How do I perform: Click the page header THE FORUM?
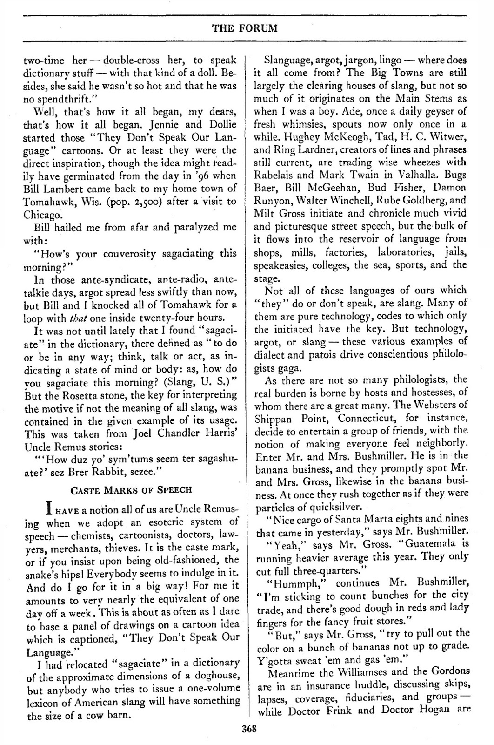(245, 28)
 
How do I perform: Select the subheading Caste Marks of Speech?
(130, 489)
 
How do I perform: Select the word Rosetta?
(78, 383)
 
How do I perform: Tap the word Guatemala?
(435, 543)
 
